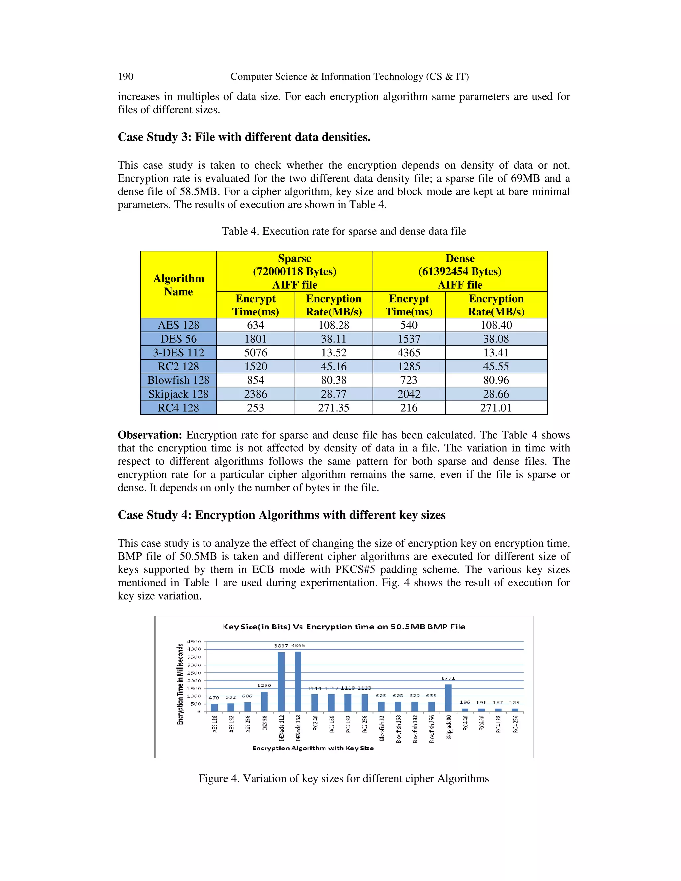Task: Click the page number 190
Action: click(125, 77)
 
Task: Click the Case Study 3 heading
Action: click(244, 137)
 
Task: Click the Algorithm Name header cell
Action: click(178, 285)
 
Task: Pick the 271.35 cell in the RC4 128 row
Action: click(333, 408)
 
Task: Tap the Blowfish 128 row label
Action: click(178, 380)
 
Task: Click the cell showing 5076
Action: click(255, 352)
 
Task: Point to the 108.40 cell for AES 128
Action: click(496, 325)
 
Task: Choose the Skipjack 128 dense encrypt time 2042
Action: click(409, 394)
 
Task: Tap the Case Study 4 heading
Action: click(281, 515)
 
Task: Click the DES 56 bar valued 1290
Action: click(264, 702)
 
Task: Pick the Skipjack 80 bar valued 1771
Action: click(448, 698)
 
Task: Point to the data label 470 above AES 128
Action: click(214, 698)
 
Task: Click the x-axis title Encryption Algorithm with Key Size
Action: click(313, 748)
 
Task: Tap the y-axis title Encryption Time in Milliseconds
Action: click(180, 685)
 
